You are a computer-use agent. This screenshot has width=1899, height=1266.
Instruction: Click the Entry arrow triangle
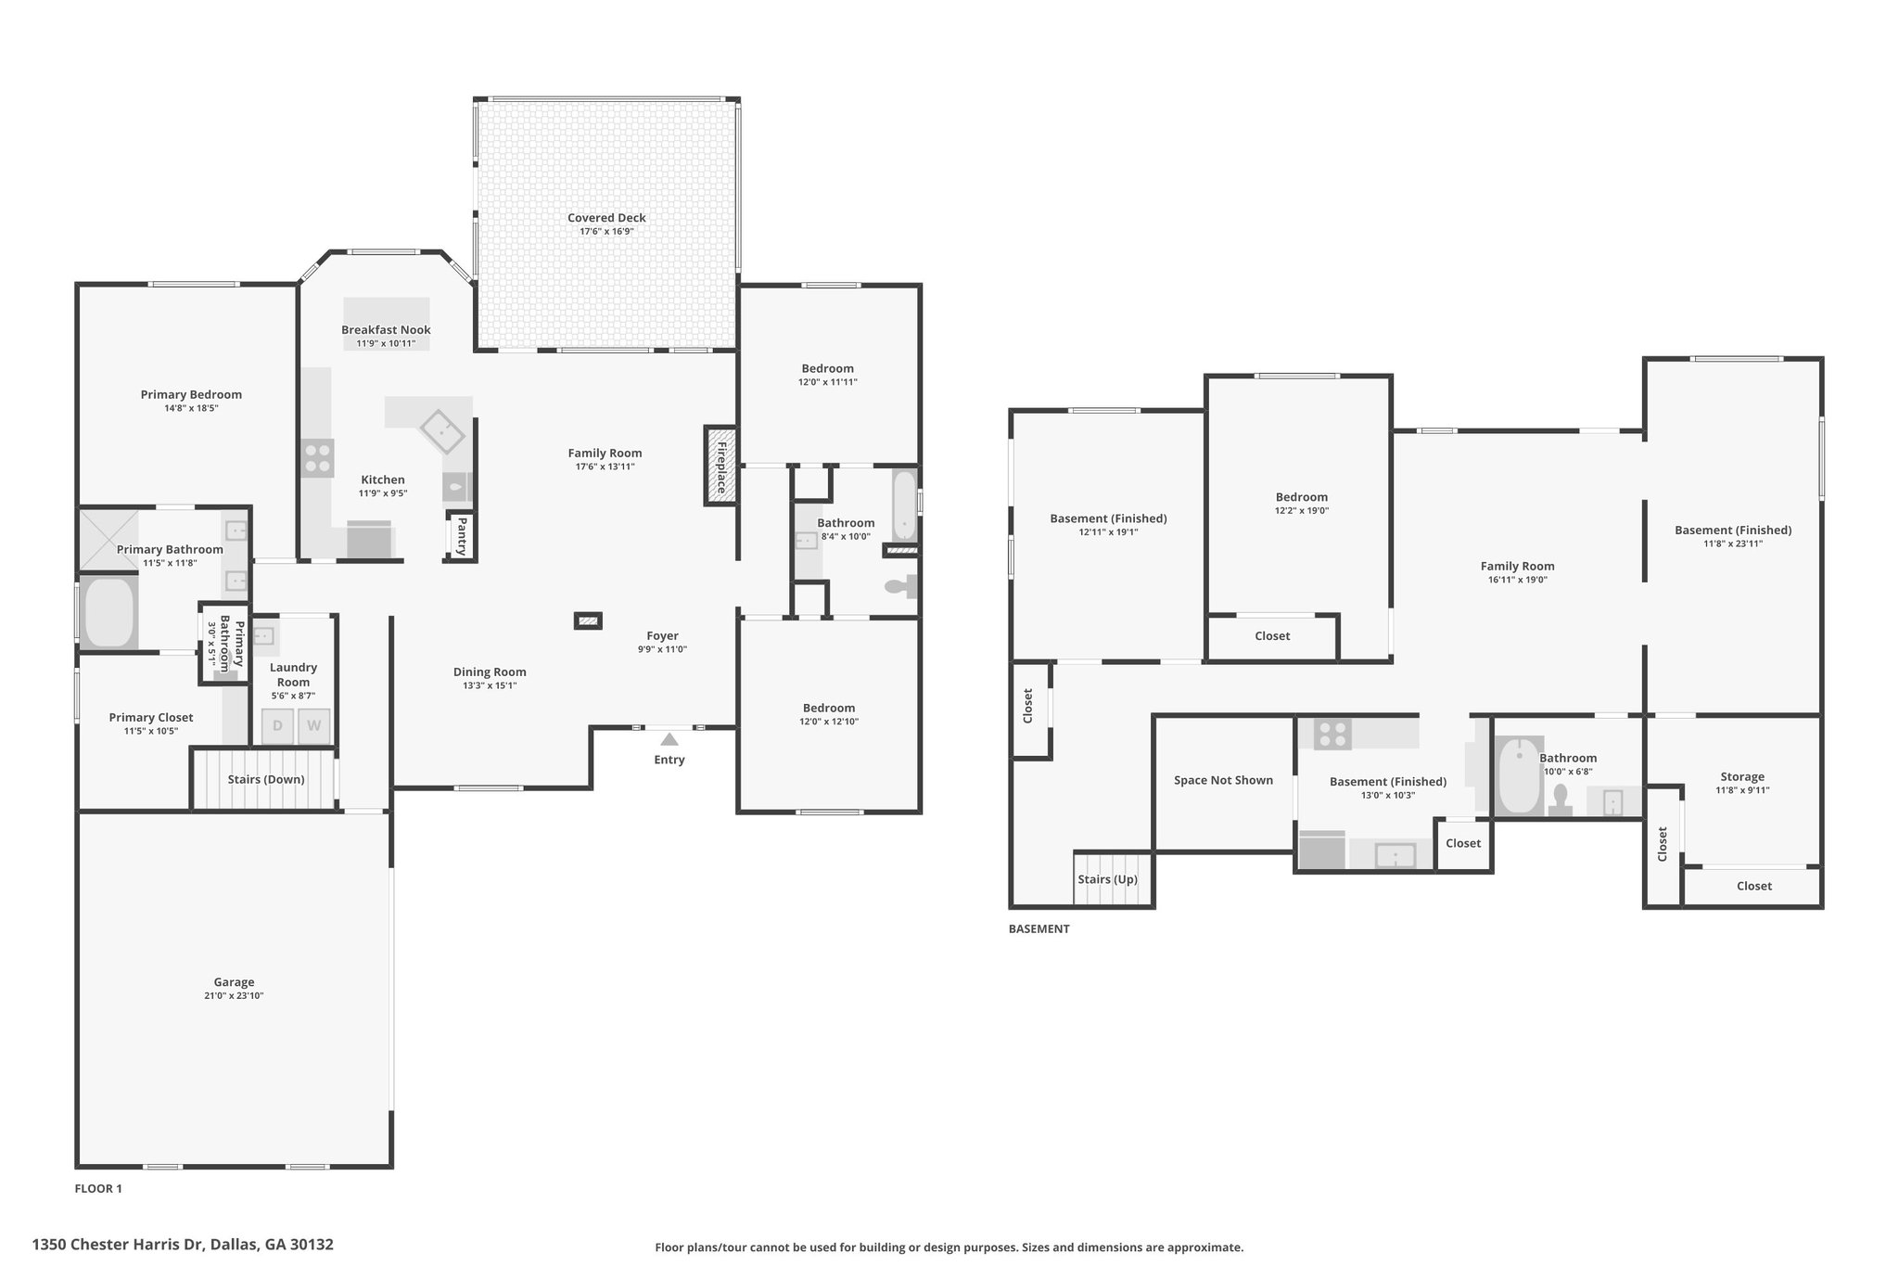669,739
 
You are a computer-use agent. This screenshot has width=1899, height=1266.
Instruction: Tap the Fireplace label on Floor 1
720,467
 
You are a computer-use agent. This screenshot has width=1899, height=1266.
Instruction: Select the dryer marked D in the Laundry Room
277,726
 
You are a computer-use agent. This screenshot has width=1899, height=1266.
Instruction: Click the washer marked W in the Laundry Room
313,726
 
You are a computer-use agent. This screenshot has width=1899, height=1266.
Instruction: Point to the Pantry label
461,537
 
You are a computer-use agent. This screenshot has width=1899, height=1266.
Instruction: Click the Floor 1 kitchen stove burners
317,458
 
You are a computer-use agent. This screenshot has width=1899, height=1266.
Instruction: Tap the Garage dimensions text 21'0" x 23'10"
234,996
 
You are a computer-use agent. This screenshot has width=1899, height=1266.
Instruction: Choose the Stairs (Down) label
266,779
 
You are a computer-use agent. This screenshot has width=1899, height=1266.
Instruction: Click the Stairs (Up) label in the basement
1107,879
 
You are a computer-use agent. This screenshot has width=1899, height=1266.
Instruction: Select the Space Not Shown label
1223,780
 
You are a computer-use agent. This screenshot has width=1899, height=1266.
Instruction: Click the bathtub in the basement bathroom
1519,775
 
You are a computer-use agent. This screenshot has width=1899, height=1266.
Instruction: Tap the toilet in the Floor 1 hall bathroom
899,586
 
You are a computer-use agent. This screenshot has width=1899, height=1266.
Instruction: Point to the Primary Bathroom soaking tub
109,612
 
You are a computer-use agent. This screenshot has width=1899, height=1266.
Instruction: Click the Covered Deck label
606,218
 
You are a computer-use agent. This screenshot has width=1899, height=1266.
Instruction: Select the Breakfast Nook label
386,330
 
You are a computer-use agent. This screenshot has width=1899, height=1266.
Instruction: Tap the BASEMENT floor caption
1039,928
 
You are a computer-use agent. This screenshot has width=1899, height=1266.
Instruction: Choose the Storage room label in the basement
1742,777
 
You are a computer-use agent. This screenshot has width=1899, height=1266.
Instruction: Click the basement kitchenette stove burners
1333,735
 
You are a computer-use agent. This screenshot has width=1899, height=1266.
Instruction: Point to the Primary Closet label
151,717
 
